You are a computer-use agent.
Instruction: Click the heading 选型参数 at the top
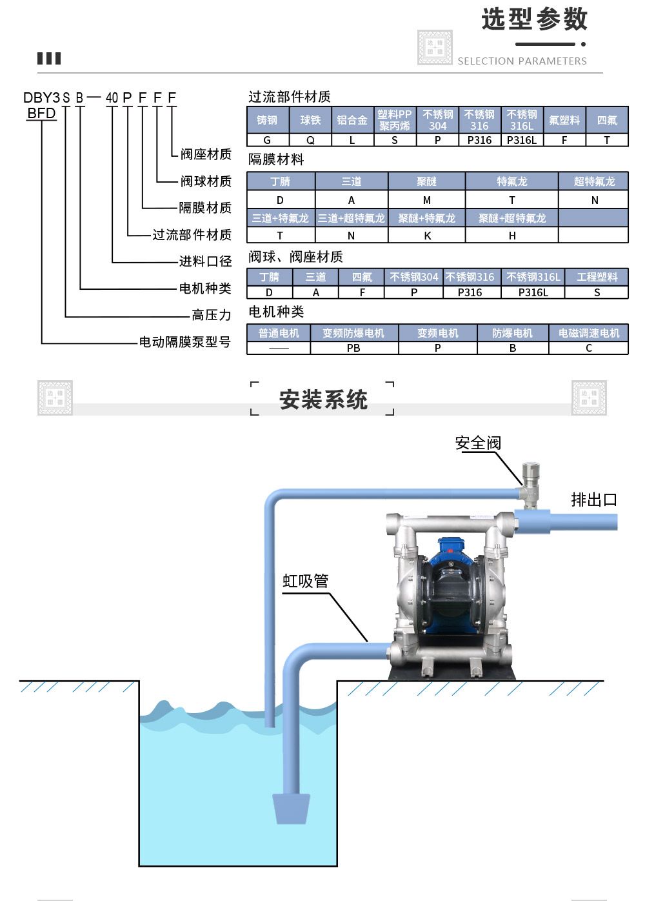click(x=534, y=19)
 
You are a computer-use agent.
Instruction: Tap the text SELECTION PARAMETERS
click(x=522, y=61)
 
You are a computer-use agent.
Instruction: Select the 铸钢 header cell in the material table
click(x=267, y=120)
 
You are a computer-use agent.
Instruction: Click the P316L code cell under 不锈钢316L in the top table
click(x=522, y=140)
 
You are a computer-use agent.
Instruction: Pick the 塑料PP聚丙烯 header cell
click(x=395, y=120)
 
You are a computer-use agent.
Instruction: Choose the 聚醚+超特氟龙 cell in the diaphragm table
click(x=511, y=218)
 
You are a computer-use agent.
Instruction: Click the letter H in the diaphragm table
click(x=511, y=236)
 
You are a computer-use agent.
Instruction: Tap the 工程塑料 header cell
click(x=597, y=277)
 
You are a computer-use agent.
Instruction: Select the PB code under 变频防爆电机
click(x=353, y=348)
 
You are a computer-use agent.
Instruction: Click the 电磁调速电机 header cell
click(x=588, y=333)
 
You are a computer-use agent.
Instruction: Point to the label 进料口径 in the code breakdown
click(x=205, y=261)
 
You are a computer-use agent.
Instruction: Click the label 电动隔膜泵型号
click(x=184, y=342)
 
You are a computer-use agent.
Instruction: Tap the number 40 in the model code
click(x=112, y=98)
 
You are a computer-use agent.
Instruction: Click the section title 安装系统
click(x=323, y=400)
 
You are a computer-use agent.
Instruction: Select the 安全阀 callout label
click(x=478, y=443)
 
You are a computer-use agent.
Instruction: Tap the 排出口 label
click(x=593, y=500)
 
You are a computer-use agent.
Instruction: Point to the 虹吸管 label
click(x=306, y=581)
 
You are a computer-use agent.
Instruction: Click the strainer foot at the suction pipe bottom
click(x=292, y=808)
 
